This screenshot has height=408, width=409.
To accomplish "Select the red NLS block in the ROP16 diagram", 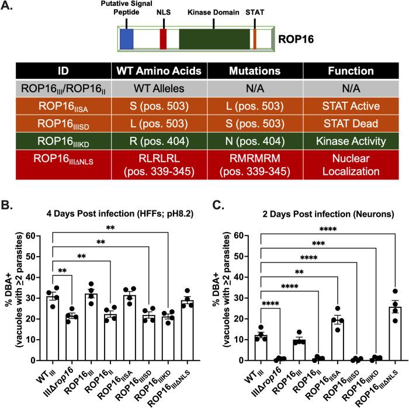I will coord(164,39).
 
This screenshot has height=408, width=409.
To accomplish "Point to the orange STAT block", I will coord(255,39).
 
